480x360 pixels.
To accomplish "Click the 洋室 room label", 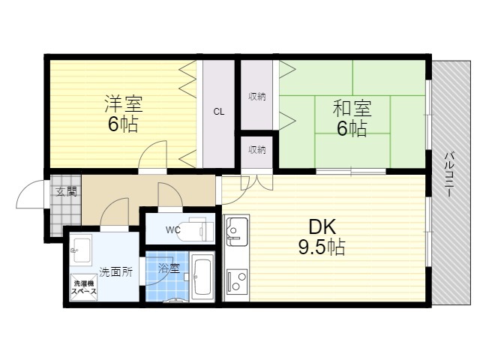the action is [124, 103].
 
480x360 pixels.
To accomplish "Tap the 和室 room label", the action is [352, 108].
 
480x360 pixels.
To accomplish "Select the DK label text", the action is [322, 226].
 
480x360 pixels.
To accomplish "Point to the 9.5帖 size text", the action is [322, 247].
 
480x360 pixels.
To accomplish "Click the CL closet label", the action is [219, 112].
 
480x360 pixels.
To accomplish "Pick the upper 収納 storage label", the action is [256, 97].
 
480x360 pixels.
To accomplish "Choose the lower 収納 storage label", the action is [256, 150].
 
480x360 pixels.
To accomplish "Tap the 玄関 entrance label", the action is [66, 192].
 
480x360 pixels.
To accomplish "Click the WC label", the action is [173, 230].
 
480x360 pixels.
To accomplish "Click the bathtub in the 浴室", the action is [202, 277].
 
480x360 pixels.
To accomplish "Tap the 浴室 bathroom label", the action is [169, 268].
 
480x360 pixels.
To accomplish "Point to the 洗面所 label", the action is [115, 271].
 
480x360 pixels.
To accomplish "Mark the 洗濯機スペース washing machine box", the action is [84, 287].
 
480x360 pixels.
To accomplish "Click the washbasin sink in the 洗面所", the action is [81, 250].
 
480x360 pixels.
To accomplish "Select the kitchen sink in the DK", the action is [236, 231].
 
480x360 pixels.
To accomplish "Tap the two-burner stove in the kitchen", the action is [237, 282].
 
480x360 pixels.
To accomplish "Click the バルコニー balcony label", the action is [449, 174].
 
